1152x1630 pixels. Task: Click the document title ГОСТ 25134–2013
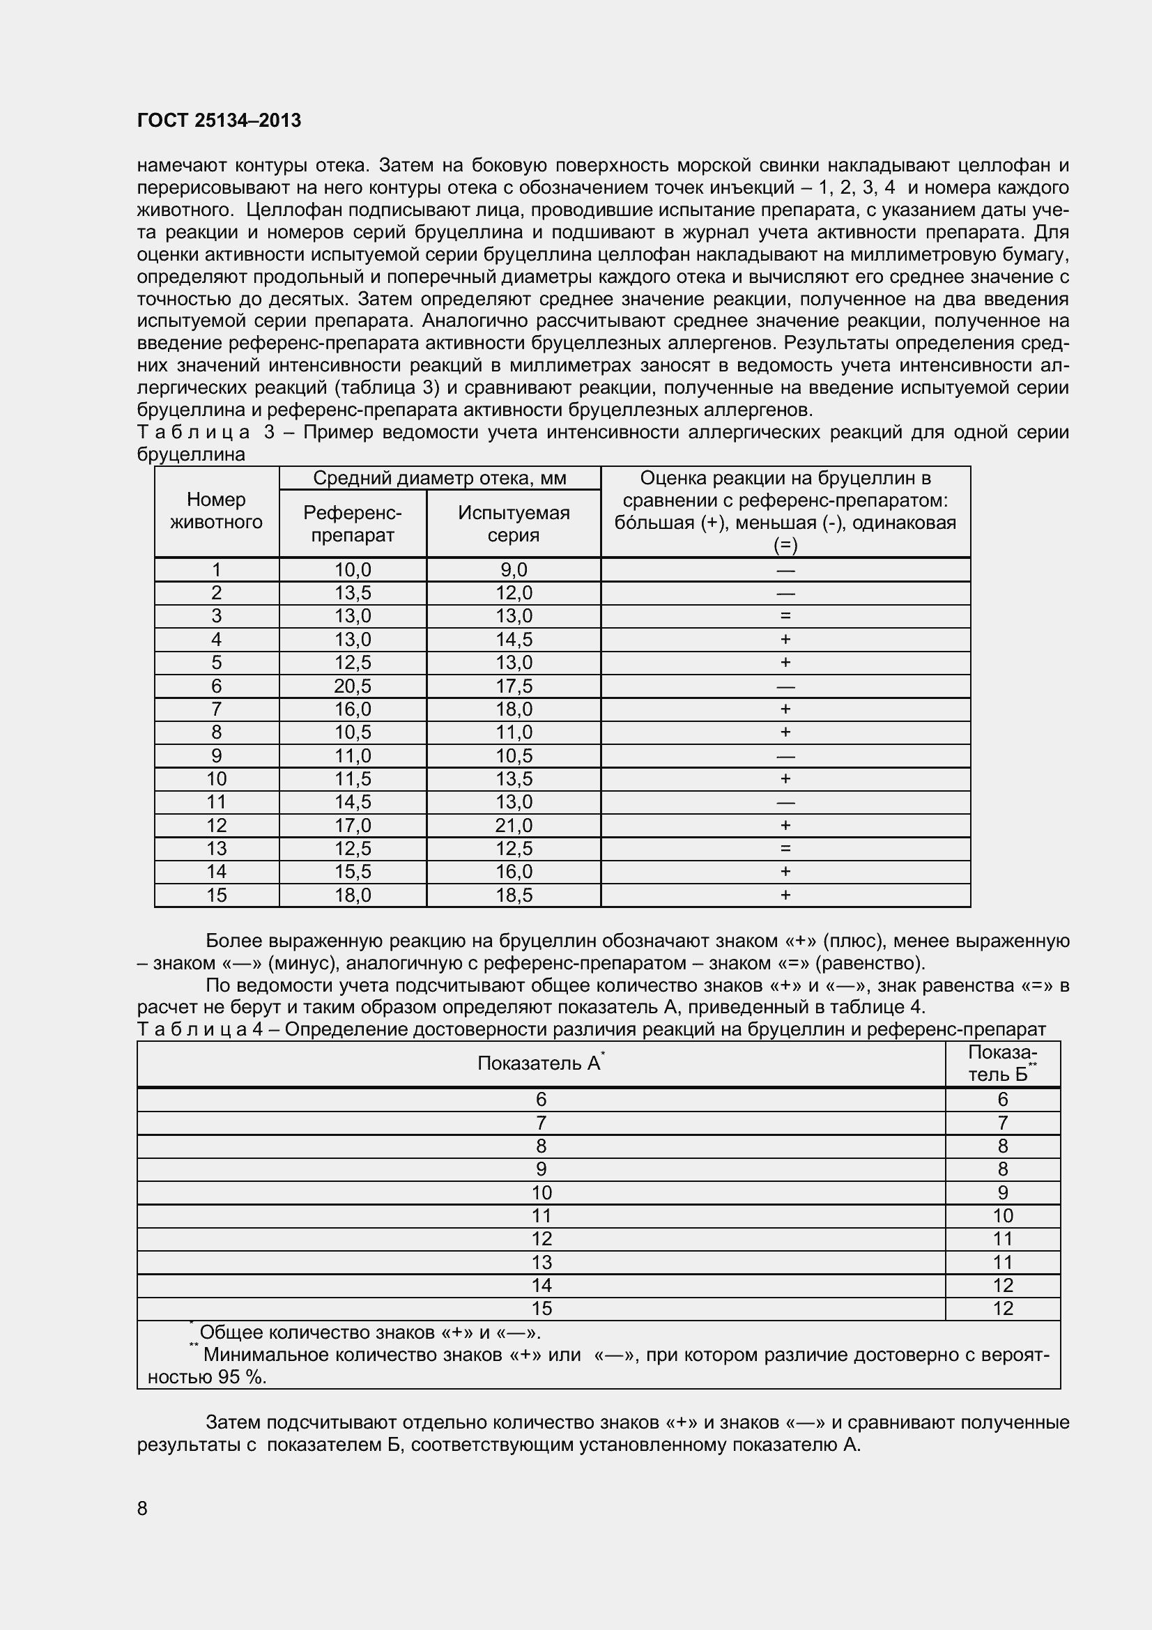[x=219, y=121]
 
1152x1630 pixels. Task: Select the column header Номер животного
[x=217, y=510]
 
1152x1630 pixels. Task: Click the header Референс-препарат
[x=353, y=524]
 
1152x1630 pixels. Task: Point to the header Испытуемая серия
[x=513, y=524]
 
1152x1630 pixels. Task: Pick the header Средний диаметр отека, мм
[x=439, y=478]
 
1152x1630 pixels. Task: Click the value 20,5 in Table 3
[x=353, y=686]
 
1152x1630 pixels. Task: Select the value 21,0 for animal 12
[x=513, y=825]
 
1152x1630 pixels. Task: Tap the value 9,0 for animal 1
[x=513, y=569]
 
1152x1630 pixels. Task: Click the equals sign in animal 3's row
[x=785, y=616]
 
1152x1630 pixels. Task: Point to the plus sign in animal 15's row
[x=785, y=895]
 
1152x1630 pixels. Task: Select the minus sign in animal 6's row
[x=785, y=686]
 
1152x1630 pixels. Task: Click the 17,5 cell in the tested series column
[x=513, y=686]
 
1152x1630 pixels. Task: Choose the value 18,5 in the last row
[x=513, y=895]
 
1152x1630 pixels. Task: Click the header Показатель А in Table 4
[x=539, y=1063]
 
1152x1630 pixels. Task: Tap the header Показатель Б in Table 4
[x=1002, y=1063]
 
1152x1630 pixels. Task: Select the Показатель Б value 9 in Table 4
[x=1002, y=1192]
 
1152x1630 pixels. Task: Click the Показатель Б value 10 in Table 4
[x=1002, y=1215]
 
